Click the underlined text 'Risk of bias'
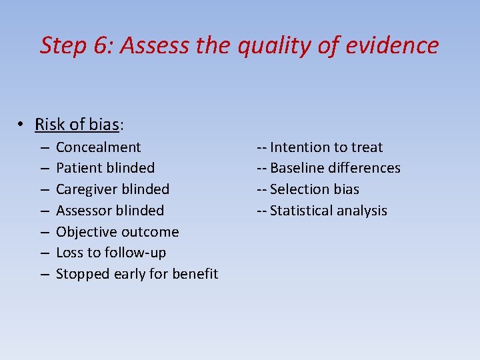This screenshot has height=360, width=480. click(77, 124)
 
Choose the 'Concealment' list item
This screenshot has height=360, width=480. click(98, 147)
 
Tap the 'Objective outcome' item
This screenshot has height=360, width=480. click(117, 232)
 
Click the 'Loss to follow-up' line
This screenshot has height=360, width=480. click(111, 253)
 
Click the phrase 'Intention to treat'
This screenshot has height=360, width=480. click(326, 147)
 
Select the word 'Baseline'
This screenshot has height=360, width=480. click(297, 168)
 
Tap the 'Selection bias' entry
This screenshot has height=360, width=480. click(314, 189)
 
